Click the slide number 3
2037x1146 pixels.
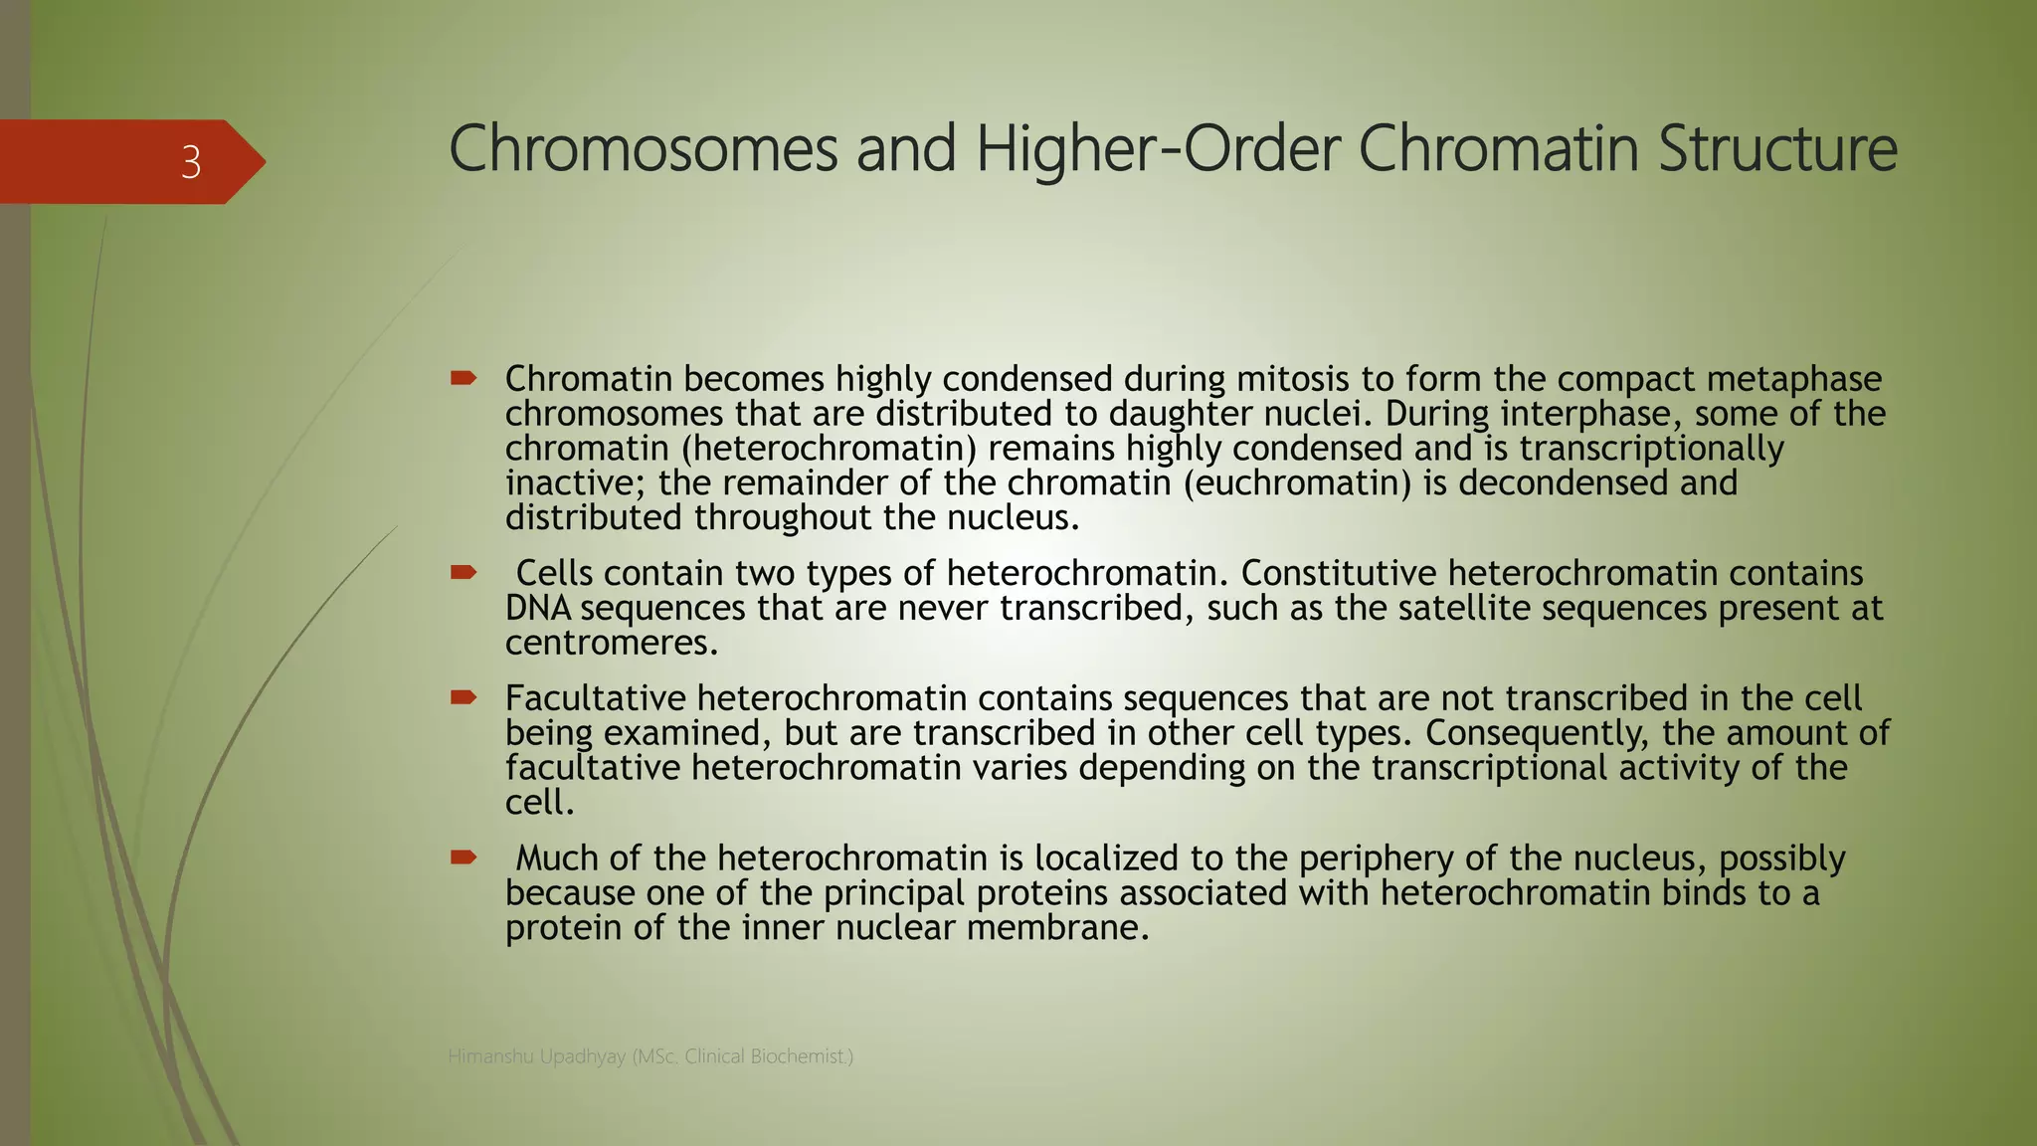point(191,162)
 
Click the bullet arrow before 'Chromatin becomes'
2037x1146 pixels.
point(463,378)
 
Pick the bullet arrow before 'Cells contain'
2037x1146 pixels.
point(463,572)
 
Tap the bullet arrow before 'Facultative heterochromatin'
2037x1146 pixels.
point(463,697)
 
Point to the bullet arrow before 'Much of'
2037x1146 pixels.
point(463,857)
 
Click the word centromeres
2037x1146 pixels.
point(611,644)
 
